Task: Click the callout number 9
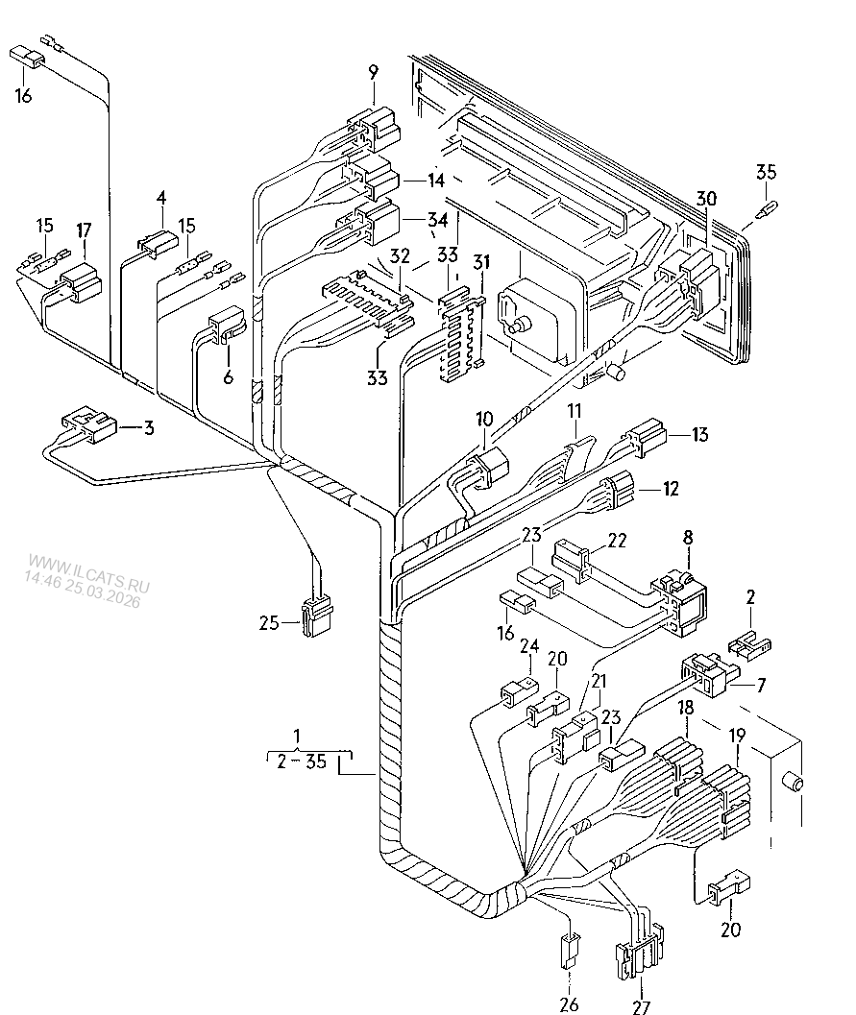(373, 73)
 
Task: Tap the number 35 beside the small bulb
(766, 172)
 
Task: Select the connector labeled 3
(89, 425)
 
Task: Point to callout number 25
(269, 622)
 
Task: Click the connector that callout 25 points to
(316, 616)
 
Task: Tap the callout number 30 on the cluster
(706, 198)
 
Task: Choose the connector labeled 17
(81, 283)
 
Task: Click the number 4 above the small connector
(161, 199)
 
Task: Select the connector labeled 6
(226, 324)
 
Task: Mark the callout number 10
(483, 419)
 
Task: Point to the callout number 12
(671, 488)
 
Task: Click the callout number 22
(617, 540)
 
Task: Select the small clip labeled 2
(749, 646)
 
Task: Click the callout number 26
(569, 1004)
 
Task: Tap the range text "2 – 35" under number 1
(301, 761)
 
